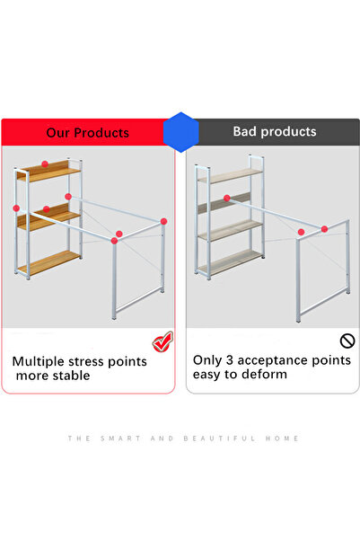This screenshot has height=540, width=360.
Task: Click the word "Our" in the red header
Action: pos(60,133)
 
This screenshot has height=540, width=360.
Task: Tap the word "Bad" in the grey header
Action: pos(246,132)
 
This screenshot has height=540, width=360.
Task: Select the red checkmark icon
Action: pos(162,341)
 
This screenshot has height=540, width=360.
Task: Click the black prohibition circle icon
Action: pos(347,341)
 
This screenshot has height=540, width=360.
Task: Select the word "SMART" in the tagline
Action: pos(116,438)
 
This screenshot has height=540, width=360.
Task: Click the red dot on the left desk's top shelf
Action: pos(45,164)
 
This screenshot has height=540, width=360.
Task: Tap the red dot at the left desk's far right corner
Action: pos(164,221)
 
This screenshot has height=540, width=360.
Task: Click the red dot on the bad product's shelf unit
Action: pos(226,198)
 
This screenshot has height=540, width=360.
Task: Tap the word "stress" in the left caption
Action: pos(92,361)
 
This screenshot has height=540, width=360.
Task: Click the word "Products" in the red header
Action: pos(101,133)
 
